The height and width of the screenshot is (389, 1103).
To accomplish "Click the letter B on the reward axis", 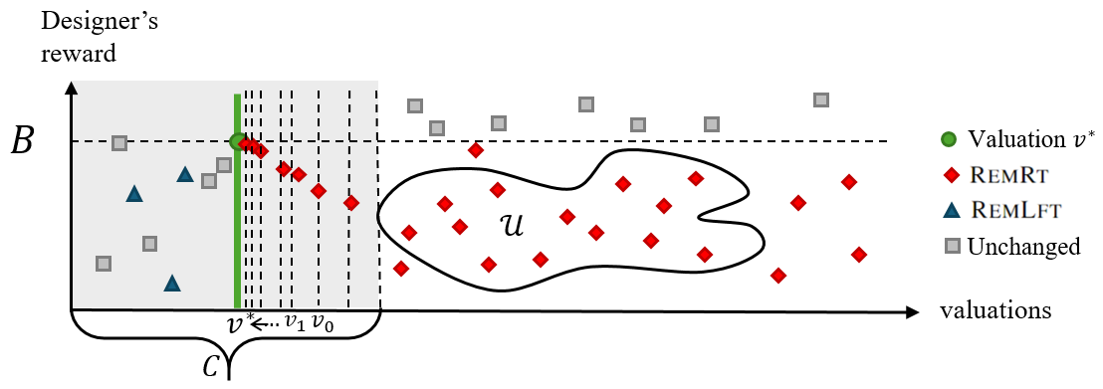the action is [22, 141].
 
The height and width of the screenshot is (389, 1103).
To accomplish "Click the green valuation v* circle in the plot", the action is [237, 141].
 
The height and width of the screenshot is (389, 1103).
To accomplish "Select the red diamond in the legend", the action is [950, 175].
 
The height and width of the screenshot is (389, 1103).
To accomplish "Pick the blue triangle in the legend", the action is [950, 210].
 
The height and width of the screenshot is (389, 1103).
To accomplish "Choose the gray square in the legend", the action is [950, 246].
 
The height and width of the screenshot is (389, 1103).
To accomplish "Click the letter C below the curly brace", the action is [210, 366].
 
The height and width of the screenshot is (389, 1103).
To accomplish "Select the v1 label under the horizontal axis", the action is [295, 322].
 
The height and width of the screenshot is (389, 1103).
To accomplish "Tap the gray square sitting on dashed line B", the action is [119, 142].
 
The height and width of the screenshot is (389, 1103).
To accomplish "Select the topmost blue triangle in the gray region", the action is [184, 175].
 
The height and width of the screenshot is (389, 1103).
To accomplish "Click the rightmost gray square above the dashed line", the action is [821, 99].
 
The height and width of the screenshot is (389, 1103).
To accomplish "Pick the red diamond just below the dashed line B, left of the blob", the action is [476, 150].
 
